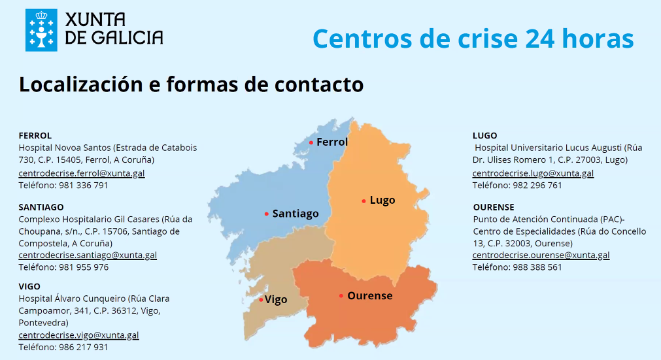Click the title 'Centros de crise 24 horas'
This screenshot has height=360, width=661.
coord(473,38)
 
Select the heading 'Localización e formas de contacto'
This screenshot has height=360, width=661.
coord(191,84)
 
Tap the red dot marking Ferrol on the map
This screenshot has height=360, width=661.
coord(311,142)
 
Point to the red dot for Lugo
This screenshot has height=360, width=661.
coord(364,201)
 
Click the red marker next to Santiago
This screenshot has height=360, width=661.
coord(267,214)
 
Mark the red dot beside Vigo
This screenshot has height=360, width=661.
coord(261,300)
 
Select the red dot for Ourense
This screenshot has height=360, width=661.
coord(341,296)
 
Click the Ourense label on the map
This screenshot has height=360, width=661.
coord(370,296)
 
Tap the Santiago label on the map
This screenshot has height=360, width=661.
coord(296,214)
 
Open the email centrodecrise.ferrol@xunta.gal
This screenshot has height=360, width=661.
coord(82,173)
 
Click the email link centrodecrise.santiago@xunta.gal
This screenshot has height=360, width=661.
coord(88,255)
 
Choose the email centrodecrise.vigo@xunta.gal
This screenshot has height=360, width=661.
coord(78,335)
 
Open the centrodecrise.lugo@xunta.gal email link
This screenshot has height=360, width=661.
coord(533,173)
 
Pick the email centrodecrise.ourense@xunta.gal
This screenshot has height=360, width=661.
coord(541,255)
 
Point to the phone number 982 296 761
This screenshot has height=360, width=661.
coord(538,185)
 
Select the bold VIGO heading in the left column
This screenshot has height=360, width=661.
coord(29,286)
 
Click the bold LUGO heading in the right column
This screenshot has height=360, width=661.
coord(484,136)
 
